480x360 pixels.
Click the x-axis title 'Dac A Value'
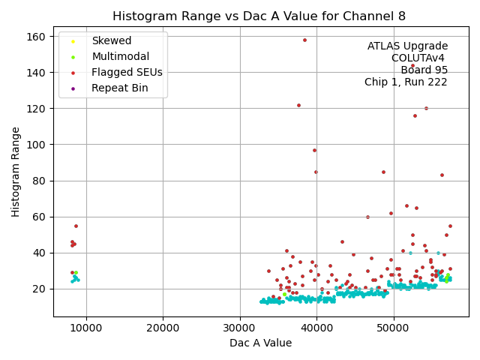coord(261,343)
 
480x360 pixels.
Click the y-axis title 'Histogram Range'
coord(16,172)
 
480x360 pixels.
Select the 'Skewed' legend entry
coord(111,40)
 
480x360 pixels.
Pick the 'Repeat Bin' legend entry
coord(119,88)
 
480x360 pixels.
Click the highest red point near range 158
coord(304,40)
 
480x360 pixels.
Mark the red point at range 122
coord(298,105)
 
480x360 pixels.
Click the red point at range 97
coord(314,150)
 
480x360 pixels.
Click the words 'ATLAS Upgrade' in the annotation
coord(407,46)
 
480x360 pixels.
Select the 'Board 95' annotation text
coord(424,70)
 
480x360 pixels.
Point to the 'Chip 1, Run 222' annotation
coord(406,82)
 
